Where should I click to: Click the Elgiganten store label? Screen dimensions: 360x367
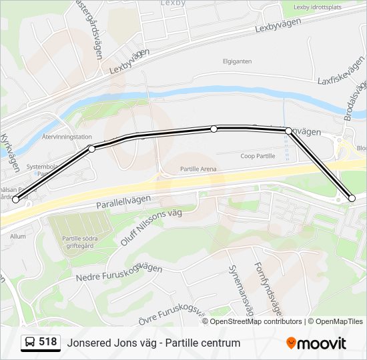(237, 61)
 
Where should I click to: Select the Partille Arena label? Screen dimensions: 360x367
(198, 169)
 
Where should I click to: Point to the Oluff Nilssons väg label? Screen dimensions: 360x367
(151, 227)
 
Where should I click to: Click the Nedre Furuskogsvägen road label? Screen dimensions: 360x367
(119, 273)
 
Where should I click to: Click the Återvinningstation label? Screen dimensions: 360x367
(66, 137)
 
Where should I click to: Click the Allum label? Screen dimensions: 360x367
(17, 236)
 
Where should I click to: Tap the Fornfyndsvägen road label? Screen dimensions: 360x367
(268, 288)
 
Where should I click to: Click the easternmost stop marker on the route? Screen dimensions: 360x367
(352, 198)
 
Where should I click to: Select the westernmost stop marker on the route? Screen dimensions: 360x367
(15, 199)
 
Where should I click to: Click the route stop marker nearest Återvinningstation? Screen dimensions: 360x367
(91, 148)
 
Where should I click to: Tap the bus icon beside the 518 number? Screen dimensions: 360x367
(31, 343)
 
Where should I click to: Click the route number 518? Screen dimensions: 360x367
(48, 342)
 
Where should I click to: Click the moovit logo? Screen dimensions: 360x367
(316, 343)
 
